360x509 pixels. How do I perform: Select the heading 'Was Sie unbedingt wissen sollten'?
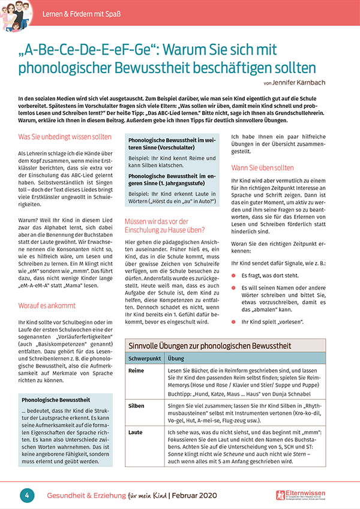[x=65, y=137]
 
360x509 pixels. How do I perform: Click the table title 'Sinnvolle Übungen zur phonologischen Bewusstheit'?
[x=211, y=346]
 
